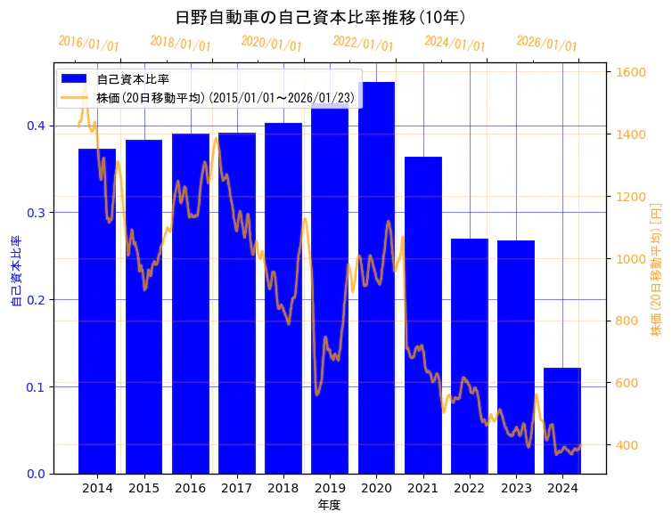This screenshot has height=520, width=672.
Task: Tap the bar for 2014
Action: click(x=97, y=311)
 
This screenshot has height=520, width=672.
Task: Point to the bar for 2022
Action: click(x=470, y=356)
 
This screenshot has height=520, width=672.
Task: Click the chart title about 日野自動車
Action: click(x=321, y=17)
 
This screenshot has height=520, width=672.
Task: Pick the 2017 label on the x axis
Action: click(x=236, y=488)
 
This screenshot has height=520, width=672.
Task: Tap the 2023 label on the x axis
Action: click(x=516, y=488)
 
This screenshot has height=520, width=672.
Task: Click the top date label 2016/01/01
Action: click(x=88, y=43)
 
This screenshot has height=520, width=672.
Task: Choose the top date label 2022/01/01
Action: click(x=363, y=43)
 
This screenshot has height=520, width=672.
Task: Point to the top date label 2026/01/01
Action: click(x=546, y=44)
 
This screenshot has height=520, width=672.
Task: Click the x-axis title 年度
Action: click(x=330, y=505)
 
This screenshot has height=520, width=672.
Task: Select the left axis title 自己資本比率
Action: click(x=15, y=272)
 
